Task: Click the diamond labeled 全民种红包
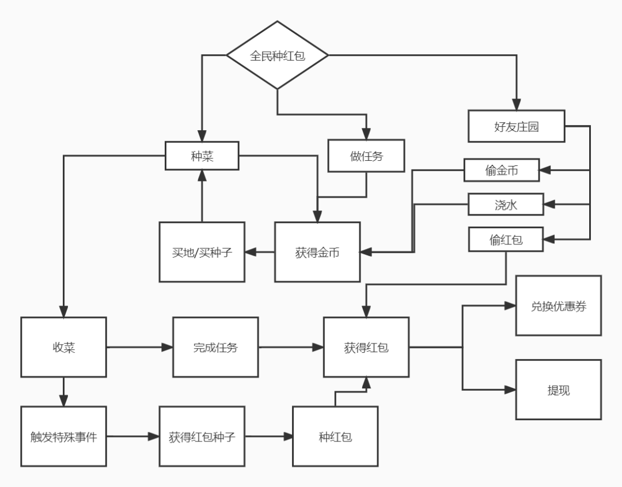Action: click(x=277, y=55)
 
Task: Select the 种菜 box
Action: click(x=202, y=156)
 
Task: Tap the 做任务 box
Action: click(x=366, y=156)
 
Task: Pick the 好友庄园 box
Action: click(x=516, y=126)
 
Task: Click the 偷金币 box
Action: click(x=502, y=170)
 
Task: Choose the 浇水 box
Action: click(x=506, y=204)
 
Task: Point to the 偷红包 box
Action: click(x=506, y=239)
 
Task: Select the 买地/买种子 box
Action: click(x=202, y=252)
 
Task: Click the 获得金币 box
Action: click(x=317, y=252)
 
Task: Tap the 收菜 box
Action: click(x=63, y=347)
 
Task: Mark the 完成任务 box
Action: click(x=215, y=347)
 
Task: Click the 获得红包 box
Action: click(x=366, y=347)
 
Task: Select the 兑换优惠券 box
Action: click(x=558, y=305)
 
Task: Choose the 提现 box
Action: click(x=558, y=390)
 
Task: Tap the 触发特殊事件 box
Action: click(x=63, y=436)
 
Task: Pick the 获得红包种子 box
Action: click(x=202, y=436)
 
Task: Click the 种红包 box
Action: click(x=335, y=436)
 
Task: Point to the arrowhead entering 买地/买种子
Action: click(x=250, y=252)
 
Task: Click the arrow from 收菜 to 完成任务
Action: click(x=139, y=347)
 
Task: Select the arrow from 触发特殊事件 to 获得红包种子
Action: click(x=132, y=436)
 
